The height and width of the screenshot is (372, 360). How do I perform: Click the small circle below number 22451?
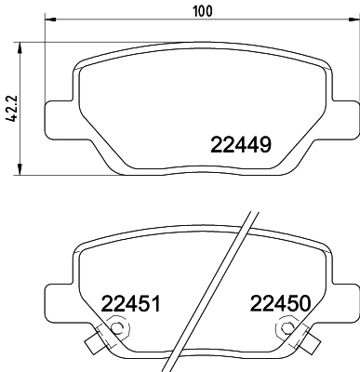117,328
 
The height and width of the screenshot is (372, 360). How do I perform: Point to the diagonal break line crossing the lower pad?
216,298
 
